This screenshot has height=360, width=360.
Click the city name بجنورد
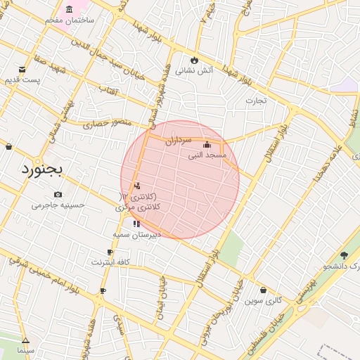(x=41, y=169)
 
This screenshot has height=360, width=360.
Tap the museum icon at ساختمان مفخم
(x=69, y=9)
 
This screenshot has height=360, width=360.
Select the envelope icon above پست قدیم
(x=22, y=69)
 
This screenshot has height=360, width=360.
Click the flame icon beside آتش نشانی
(x=194, y=60)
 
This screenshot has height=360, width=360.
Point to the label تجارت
(x=256, y=101)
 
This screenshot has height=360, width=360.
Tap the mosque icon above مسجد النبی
(x=207, y=145)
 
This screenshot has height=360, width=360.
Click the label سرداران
(x=178, y=140)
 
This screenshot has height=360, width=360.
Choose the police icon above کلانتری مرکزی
(x=136, y=186)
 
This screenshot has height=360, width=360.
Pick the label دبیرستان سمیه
(x=138, y=234)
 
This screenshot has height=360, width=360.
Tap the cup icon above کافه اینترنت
(x=110, y=252)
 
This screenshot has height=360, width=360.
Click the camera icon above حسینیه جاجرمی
(x=58, y=194)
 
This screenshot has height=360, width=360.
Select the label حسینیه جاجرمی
(x=58, y=205)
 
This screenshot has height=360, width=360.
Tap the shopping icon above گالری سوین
(x=263, y=290)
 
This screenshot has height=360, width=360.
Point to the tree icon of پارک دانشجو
(x=344, y=255)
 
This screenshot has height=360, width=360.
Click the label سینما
(x=26, y=349)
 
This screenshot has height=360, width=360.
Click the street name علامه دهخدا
(x=328, y=160)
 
